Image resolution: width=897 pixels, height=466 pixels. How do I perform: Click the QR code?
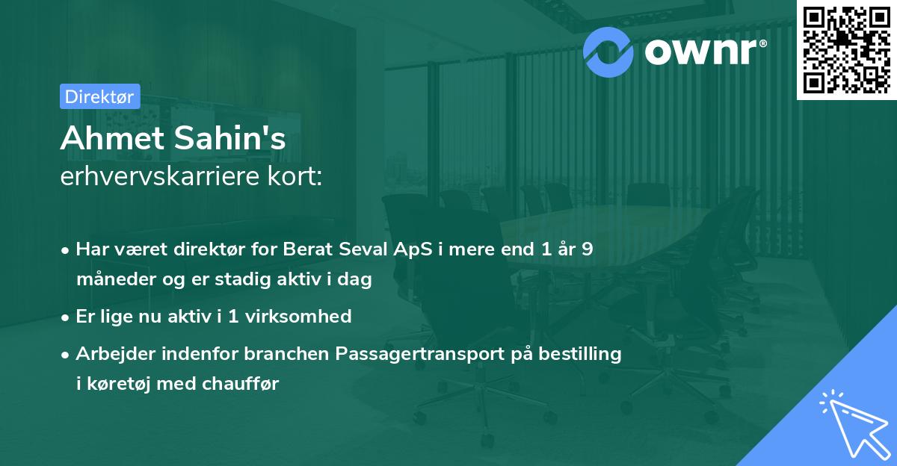[846, 49]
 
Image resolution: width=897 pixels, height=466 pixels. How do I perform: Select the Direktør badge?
[99, 96]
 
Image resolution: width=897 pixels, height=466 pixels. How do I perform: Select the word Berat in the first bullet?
[306, 249]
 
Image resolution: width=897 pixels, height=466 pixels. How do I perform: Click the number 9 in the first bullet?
[588, 249]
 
